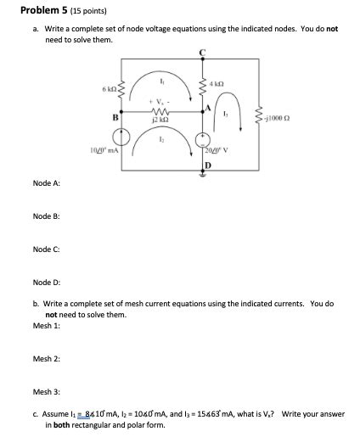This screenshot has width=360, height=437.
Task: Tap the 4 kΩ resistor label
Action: coord(220,83)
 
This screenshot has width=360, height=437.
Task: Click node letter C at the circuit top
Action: coord(202,53)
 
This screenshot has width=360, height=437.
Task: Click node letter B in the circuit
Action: coord(115,118)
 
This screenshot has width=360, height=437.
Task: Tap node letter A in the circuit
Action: coord(207,109)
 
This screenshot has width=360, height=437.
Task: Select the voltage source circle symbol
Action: coord(202,139)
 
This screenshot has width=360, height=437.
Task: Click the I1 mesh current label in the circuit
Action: coord(160,79)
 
